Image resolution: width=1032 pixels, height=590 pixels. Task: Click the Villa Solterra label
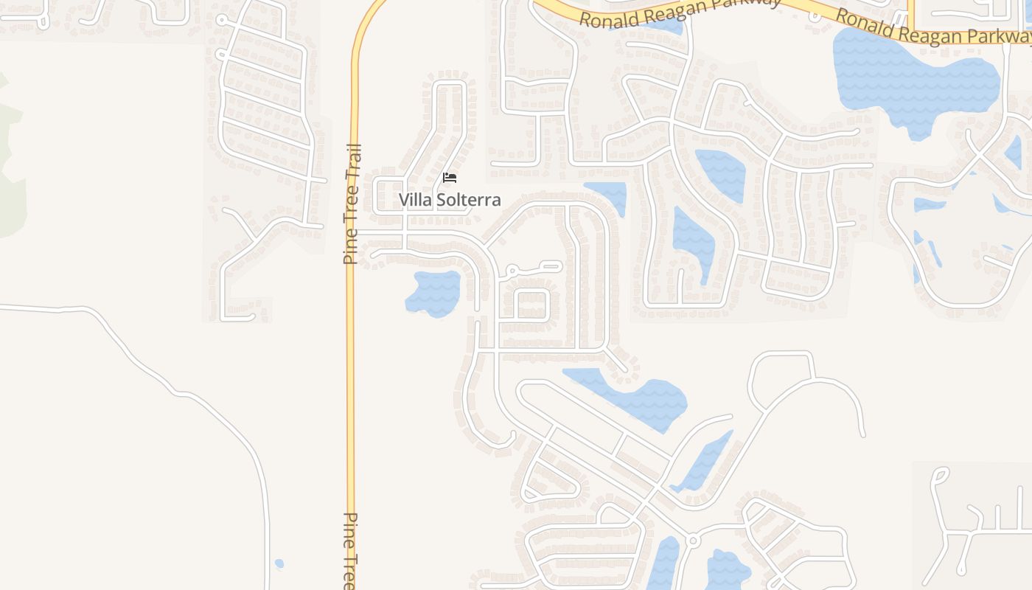point(450,200)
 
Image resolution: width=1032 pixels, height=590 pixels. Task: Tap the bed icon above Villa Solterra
point(450,178)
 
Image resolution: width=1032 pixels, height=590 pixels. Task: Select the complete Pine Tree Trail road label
point(353,204)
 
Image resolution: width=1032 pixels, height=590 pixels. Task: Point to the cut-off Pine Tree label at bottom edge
point(352,549)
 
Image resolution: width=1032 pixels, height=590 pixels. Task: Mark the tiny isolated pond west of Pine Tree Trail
point(279,564)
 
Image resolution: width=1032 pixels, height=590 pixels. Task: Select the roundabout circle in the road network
point(692,541)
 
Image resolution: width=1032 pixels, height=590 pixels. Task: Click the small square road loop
point(531,304)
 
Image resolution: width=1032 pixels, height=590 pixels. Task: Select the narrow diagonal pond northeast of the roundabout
point(703,462)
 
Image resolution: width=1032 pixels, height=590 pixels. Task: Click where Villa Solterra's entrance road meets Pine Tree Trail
point(355,234)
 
